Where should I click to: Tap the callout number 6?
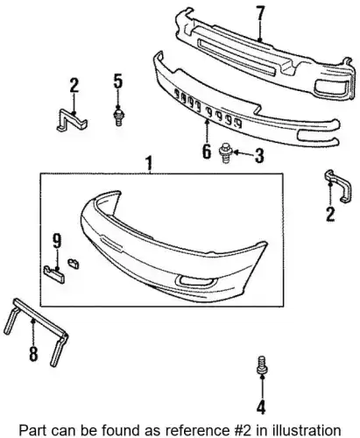click(x=206, y=152)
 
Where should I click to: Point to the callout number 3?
click(x=259, y=155)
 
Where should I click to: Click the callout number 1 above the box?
click(x=149, y=164)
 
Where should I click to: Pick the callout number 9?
click(x=57, y=241)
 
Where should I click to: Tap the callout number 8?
click(x=33, y=354)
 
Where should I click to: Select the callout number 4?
click(x=261, y=406)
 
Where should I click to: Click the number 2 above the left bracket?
click(x=74, y=86)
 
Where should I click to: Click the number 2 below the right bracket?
click(x=330, y=214)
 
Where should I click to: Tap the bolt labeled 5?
click(x=118, y=117)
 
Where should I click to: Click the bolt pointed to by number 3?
click(x=225, y=152)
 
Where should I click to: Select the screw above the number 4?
click(x=262, y=364)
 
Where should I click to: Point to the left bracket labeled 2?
click(x=72, y=121)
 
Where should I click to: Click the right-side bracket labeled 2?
click(x=339, y=186)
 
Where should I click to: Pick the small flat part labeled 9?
click(x=54, y=274)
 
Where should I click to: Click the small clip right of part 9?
click(x=74, y=263)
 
